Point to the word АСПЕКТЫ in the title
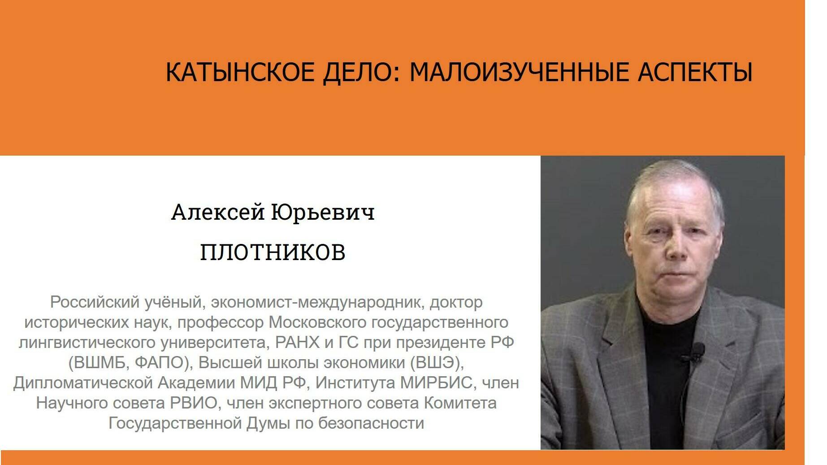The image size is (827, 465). tap(695, 72)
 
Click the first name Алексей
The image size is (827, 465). tap(218, 212)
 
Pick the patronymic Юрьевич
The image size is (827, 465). tap(323, 212)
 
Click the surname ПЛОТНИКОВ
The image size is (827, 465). tap(273, 252)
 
